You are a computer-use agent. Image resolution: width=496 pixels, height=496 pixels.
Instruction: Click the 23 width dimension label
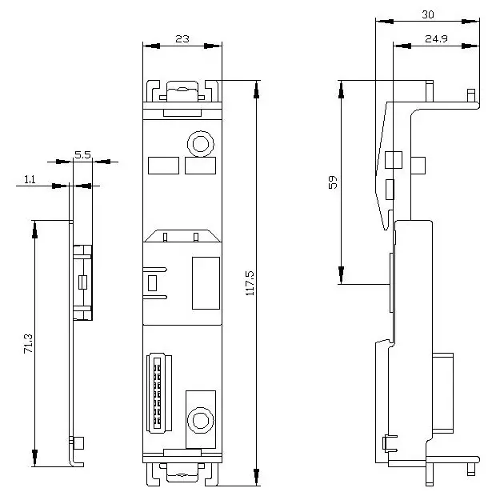pyautogui.click(x=182, y=39)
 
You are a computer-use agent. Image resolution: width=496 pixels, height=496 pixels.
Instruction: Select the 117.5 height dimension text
pyautogui.click(x=250, y=283)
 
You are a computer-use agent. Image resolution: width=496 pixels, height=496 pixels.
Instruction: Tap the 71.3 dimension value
pyautogui.click(x=28, y=343)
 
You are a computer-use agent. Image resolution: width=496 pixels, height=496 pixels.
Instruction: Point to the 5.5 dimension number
pyautogui.click(x=82, y=154)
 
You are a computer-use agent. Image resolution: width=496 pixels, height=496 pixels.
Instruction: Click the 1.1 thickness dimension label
pyautogui.click(x=30, y=180)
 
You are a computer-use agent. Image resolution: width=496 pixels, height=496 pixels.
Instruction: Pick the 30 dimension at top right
pyautogui.click(x=428, y=14)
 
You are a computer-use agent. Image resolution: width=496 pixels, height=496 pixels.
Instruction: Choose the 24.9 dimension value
pyautogui.click(x=436, y=39)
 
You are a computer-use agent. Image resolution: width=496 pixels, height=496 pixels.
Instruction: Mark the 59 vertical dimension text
pyautogui.click(x=333, y=182)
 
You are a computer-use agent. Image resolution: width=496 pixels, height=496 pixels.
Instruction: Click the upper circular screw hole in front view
pyautogui.click(x=201, y=144)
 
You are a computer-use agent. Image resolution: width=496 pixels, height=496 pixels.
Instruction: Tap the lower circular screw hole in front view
pyautogui.click(x=201, y=421)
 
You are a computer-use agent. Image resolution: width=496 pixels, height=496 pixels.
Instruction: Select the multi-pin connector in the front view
pyautogui.click(x=159, y=393)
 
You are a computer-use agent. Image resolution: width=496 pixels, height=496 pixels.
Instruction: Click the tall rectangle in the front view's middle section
pyautogui.click(x=206, y=283)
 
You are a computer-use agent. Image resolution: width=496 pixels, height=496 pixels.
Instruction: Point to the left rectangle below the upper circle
pyautogui.click(x=163, y=166)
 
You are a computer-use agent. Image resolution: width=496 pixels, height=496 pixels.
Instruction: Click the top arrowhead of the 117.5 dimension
pyautogui.click(x=257, y=90)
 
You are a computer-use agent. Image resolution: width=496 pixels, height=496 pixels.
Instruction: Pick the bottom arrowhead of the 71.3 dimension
pyautogui.click(x=34, y=458)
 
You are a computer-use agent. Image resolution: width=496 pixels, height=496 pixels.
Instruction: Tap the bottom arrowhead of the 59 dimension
pyautogui.click(x=341, y=275)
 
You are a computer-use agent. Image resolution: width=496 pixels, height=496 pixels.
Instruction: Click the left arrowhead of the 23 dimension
pyautogui.click(x=151, y=46)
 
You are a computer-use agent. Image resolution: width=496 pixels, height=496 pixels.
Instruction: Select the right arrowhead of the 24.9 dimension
pyautogui.click(x=470, y=46)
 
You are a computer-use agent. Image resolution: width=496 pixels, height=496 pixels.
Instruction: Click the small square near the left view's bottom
pyautogui.click(x=78, y=443)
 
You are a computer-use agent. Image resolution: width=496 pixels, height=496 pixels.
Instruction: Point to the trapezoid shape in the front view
pyautogui.click(x=182, y=236)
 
